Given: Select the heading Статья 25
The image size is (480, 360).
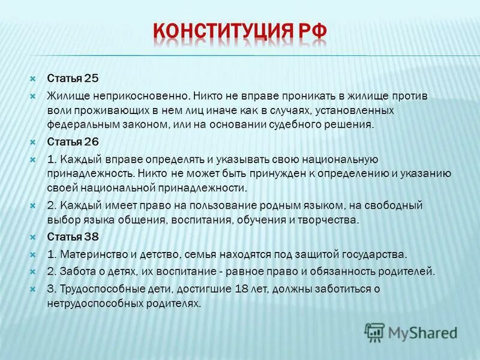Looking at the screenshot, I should (x=73, y=78).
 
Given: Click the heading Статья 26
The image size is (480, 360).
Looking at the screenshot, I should (x=73, y=142).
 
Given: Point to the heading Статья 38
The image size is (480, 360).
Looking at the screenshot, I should (x=73, y=236).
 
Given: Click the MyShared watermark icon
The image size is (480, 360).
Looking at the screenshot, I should (x=374, y=332).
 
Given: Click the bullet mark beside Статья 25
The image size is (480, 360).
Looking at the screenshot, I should (x=34, y=78).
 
